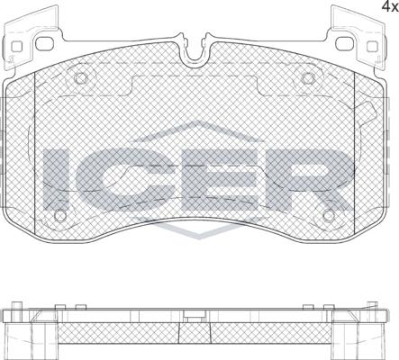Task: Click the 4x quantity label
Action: pyautogui.click(x=389, y=6)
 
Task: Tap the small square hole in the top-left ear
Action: pyautogui.click(x=17, y=47)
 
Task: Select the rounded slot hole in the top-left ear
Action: pyautogui.click(x=44, y=44)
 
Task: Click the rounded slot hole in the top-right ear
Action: pyautogui.click(x=345, y=44)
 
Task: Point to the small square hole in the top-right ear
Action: pyautogui.click(x=372, y=46)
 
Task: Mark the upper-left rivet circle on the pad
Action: pyautogui.click(x=81, y=78)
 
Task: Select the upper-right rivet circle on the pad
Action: pyautogui.click(x=307, y=78)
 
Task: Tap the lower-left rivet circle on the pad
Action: pyautogui.click(x=60, y=215)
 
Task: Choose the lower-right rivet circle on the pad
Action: pyautogui.click(x=329, y=215)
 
